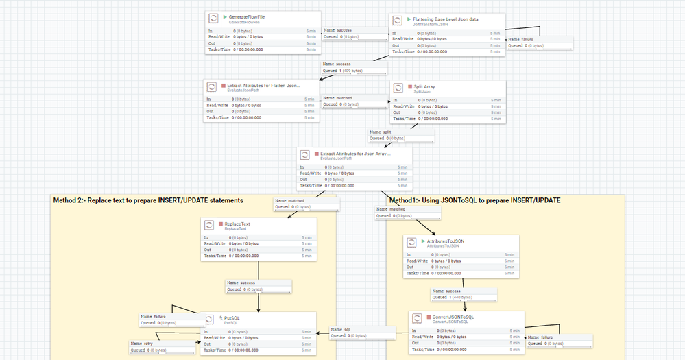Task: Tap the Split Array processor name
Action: [x=424, y=87]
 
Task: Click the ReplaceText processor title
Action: [x=237, y=224]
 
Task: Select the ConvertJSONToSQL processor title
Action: [x=453, y=317]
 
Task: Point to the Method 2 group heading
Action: [x=148, y=200]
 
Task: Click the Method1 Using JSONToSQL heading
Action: [x=474, y=200]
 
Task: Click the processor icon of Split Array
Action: [x=399, y=89]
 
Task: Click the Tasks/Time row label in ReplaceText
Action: [x=217, y=255]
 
